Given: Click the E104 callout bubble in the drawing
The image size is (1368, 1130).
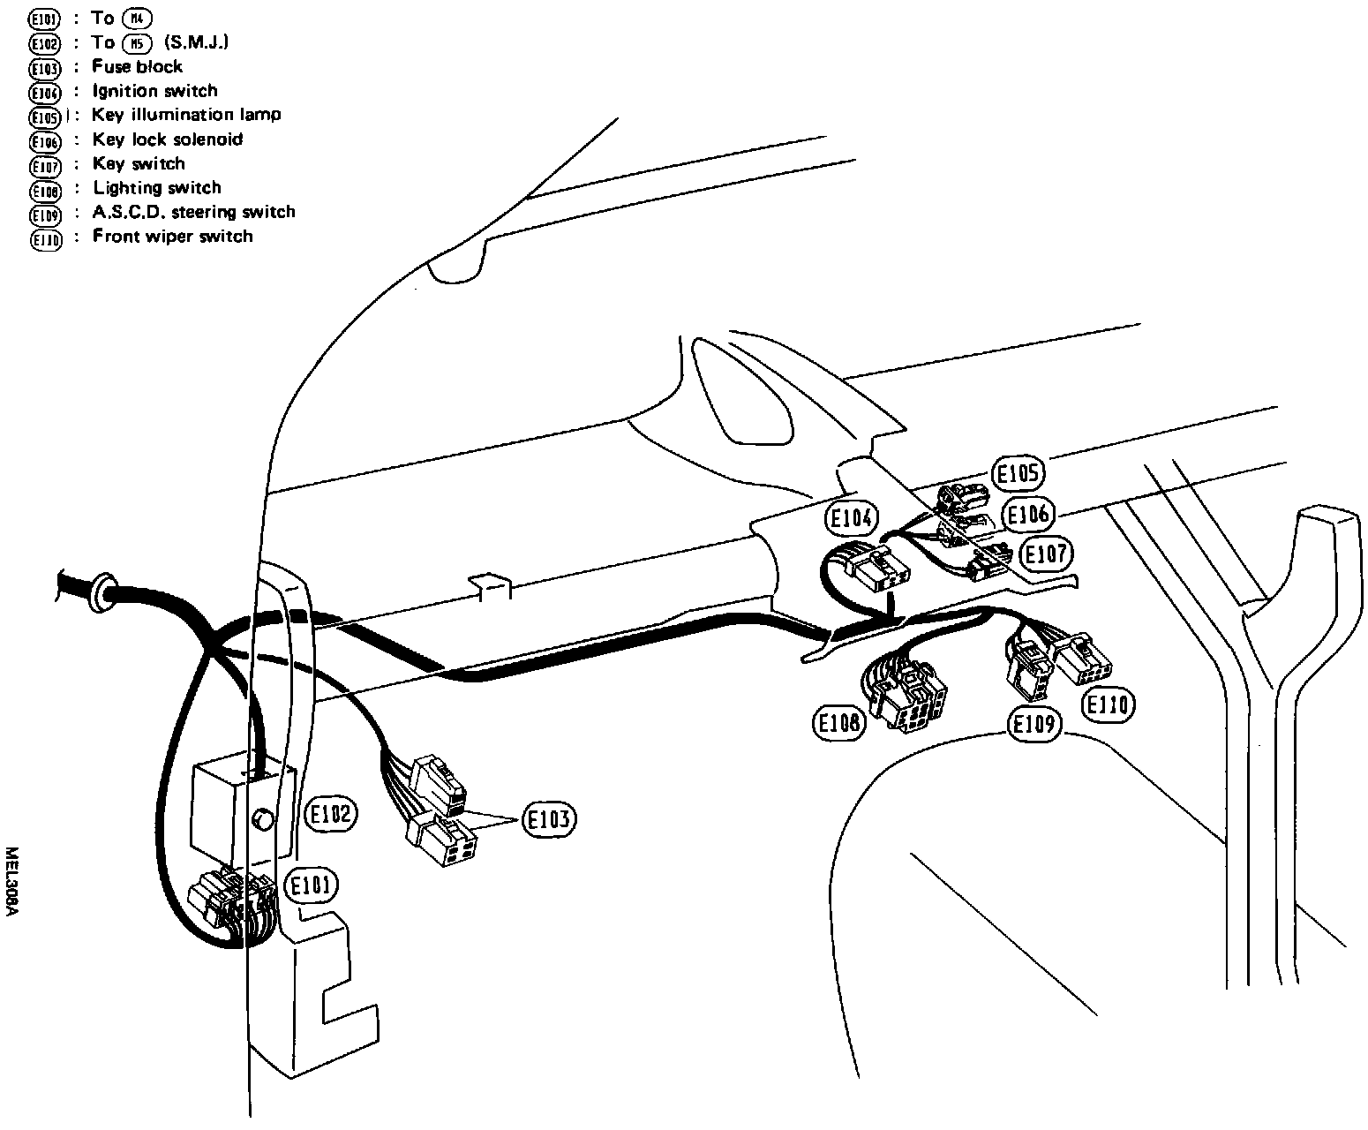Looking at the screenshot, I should pos(852,519).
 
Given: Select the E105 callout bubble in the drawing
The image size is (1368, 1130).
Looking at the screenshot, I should pos(1018,474).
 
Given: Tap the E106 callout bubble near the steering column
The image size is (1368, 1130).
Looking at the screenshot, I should pos(1027,515).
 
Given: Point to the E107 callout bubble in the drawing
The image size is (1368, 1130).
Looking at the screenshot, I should pos(1045,554).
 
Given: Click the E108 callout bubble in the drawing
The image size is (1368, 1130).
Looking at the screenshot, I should pos(838,724).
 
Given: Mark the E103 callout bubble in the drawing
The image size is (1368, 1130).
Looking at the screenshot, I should pos(549,820).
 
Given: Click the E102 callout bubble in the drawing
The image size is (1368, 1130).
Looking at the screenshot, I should pos(330,814).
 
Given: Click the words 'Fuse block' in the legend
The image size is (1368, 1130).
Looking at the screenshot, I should pos(137,66).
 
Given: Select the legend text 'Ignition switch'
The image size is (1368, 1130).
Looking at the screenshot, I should pos(154,90).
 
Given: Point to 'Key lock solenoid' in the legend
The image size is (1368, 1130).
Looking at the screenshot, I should pos(167,139).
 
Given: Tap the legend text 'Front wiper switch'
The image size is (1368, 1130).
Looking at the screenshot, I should pos(172,236).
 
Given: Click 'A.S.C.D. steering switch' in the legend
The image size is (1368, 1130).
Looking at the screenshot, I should pos(193,212).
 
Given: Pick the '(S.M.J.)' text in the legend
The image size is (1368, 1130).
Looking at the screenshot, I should pos(196,41).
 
